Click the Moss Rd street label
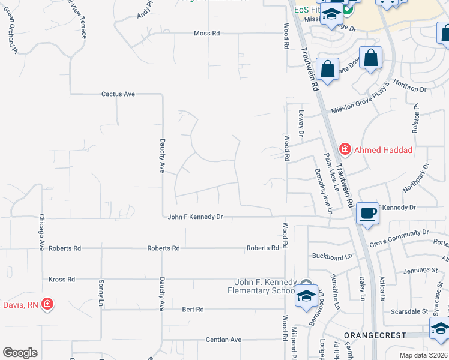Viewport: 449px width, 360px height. tap(206, 34)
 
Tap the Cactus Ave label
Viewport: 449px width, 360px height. tap(118, 94)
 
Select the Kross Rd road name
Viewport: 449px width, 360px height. tap(62, 280)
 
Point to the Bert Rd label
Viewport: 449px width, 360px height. tap(193, 310)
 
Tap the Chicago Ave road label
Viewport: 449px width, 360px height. tap(42, 232)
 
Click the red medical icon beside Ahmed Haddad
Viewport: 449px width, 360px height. tap(345, 148)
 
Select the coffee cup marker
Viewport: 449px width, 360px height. tap(367, 212)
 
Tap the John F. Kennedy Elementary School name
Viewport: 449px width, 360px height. tap(266, 286)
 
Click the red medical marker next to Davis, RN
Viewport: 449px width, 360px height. tap(47, 305)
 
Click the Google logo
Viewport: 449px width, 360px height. tap(20, 353)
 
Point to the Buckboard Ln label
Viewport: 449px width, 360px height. tap(332, 257)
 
